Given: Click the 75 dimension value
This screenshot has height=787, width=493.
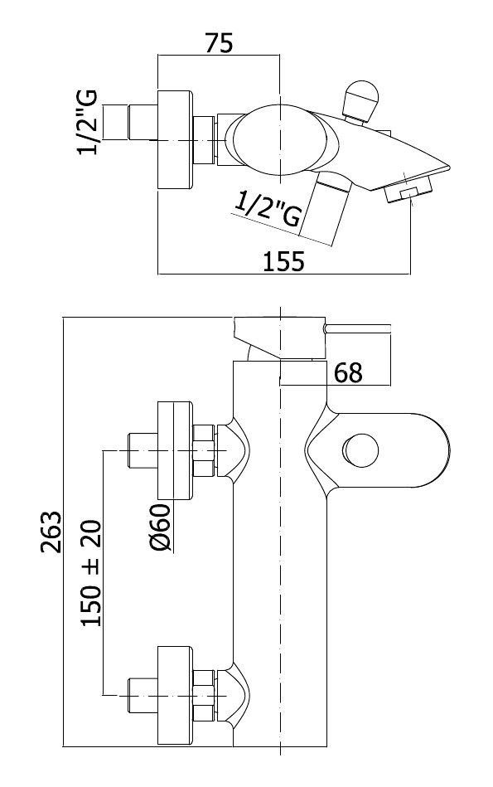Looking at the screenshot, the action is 220,43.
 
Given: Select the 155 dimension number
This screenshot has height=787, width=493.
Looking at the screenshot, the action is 283,261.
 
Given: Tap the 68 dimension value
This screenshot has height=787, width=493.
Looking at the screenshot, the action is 348,372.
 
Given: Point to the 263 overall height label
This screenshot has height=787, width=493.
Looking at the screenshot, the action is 51,532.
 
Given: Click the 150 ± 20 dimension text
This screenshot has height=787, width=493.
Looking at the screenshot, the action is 91,573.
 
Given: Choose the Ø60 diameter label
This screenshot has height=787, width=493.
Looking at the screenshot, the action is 161,527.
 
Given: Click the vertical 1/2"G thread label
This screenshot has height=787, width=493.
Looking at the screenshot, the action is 87,123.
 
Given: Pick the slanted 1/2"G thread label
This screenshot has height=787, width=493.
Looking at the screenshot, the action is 268,208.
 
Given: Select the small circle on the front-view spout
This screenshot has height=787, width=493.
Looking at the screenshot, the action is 360,450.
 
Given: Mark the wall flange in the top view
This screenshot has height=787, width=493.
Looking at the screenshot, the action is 175,140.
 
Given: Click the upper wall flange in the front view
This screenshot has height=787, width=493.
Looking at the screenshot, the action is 175,450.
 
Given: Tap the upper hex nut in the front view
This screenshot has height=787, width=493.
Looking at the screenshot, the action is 204,450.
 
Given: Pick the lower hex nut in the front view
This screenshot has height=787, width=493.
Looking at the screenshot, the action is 204,695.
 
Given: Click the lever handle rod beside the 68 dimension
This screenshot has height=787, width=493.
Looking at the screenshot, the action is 357,328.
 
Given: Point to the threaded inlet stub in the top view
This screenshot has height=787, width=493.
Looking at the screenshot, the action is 143,122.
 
